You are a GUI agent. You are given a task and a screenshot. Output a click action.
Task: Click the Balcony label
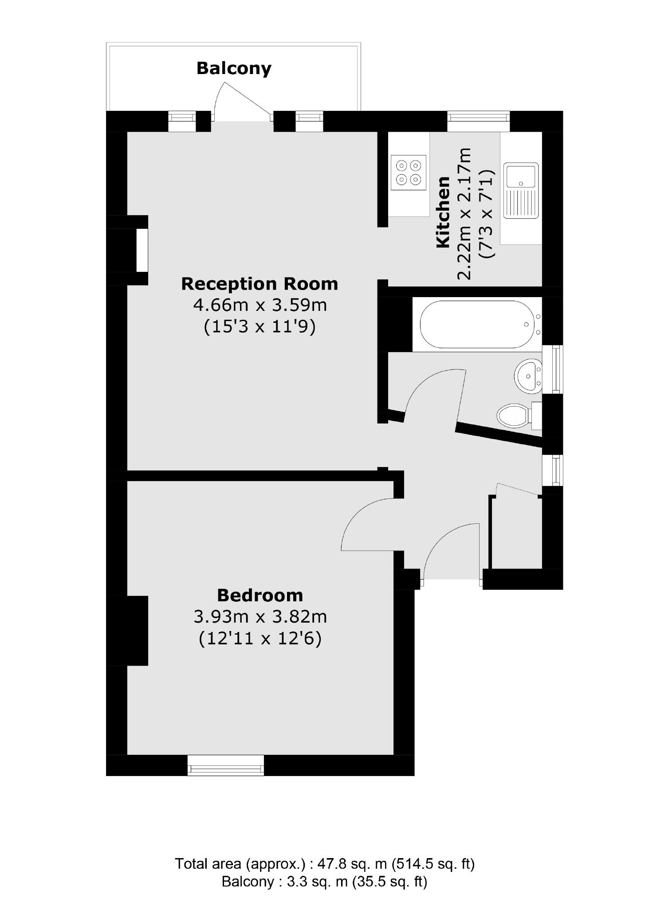[x=234, y=68]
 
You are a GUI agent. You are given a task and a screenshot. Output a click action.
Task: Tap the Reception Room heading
[x=260, y=284]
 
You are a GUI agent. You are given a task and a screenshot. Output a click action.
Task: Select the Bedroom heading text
[x=260, y=595]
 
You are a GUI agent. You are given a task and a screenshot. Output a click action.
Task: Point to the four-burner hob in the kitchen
[x=408, y=173]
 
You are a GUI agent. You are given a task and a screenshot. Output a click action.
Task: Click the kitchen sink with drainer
[x=521, y=190]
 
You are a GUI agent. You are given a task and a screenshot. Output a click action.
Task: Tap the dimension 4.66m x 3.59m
[x=260, y=306]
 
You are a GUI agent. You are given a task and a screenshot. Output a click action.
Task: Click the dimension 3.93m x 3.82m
[x=260, y=617]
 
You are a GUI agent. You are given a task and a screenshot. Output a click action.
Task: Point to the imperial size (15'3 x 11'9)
[x=260, y=327]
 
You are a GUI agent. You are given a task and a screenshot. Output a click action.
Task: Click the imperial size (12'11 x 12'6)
[x=260, y=639]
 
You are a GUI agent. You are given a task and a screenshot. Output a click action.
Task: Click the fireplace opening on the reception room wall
[x=142, y=250]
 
